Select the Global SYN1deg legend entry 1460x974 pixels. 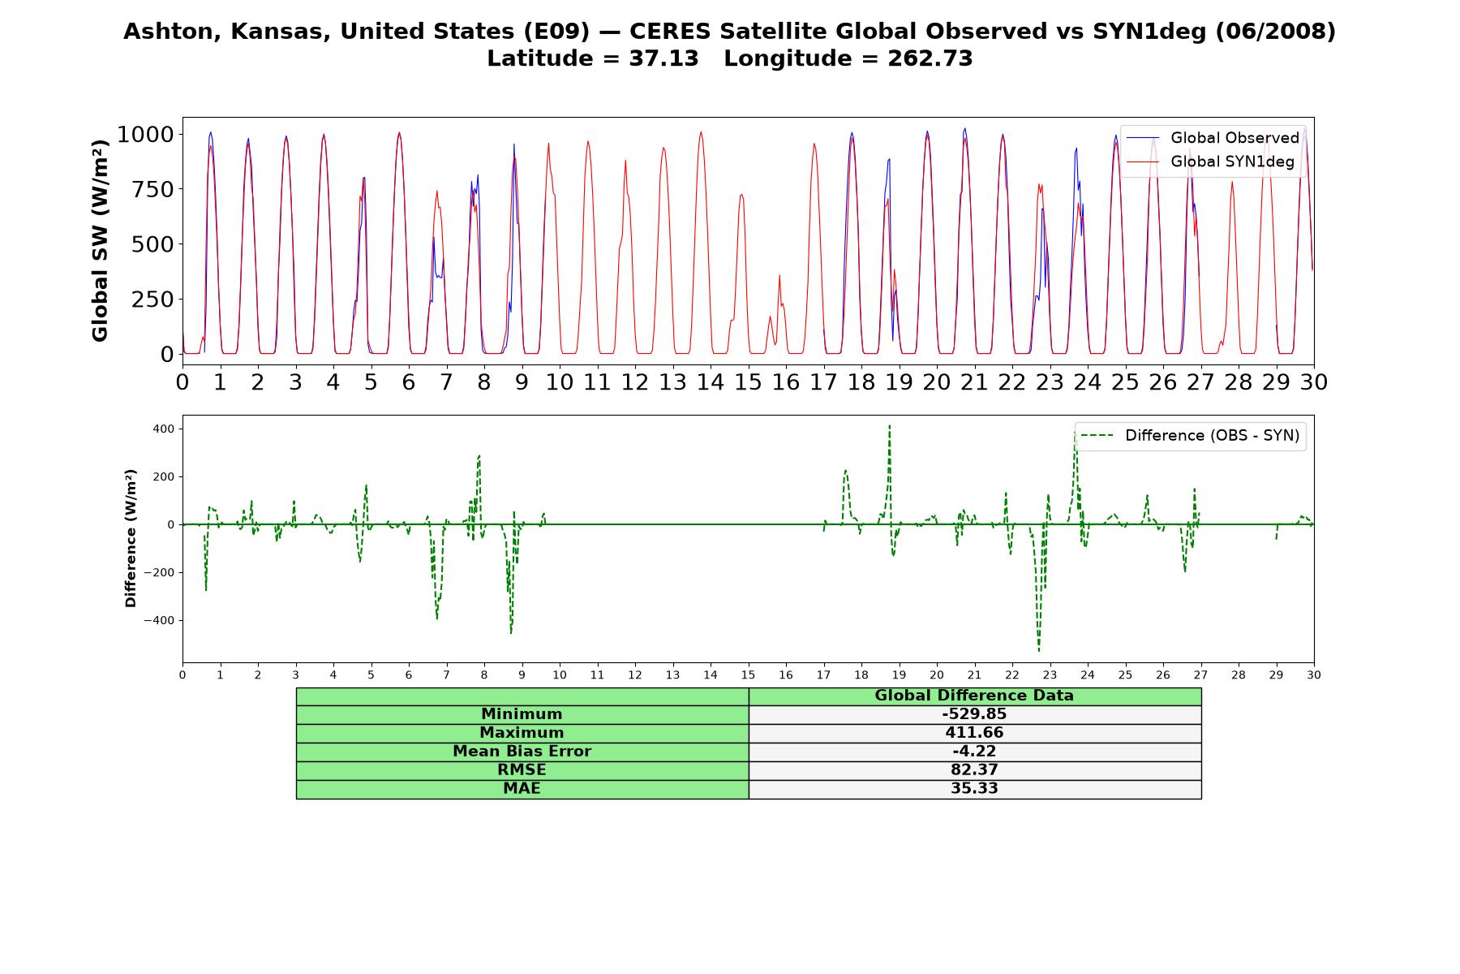coord(1210,162)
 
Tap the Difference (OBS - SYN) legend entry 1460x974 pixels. coord(1191,436)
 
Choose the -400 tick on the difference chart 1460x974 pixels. coord(160,621)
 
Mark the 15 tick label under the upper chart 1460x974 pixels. coord(748,382)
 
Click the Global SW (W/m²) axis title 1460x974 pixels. coord(100,241)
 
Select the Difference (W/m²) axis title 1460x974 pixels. coord(131,538)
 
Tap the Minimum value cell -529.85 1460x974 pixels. coord(974,714)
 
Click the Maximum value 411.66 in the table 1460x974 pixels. coord(974,733)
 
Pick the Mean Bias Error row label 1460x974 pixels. coord(522,752)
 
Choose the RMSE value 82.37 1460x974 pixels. coord(974,770)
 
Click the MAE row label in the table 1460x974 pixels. coord(522,789)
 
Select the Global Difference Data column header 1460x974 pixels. coord(974,696)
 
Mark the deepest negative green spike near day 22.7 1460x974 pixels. coord(1038,650)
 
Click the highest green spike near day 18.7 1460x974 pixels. coord(889,425)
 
